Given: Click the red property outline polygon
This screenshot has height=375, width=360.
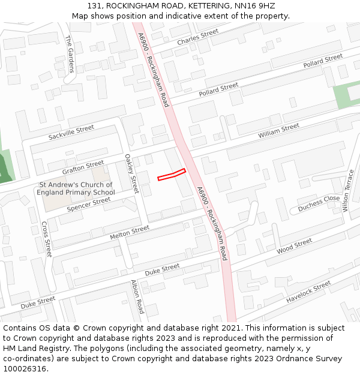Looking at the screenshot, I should (172, 175).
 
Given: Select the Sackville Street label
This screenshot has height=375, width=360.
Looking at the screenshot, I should (71, 133).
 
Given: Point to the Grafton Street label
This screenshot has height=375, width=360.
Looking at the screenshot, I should (83, 167).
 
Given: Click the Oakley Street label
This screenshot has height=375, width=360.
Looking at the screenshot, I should (131, 174).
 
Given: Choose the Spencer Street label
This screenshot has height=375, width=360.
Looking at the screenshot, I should (89, 204).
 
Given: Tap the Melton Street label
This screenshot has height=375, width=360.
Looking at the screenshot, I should (130, 233).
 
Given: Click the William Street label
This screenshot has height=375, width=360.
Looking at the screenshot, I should (278, 131).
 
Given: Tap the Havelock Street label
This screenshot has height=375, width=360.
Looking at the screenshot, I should (308, 291).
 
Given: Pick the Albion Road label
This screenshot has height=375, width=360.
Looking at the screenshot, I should (137, 297).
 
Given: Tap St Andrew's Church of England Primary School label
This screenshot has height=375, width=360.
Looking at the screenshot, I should (76, 188).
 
